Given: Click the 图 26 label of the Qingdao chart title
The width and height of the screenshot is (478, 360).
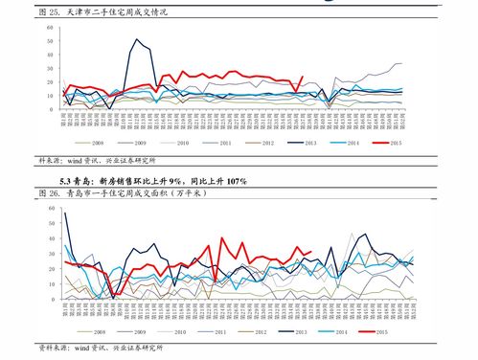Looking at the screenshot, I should click(49, 193).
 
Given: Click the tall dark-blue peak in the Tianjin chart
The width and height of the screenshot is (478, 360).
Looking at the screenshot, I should click(137, 40).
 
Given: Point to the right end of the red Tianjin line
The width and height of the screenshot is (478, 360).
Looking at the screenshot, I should click(303, 78).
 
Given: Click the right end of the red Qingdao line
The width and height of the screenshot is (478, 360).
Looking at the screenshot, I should click(311, 252).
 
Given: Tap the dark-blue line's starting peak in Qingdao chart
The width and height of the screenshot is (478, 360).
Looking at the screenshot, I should click(64, 213).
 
